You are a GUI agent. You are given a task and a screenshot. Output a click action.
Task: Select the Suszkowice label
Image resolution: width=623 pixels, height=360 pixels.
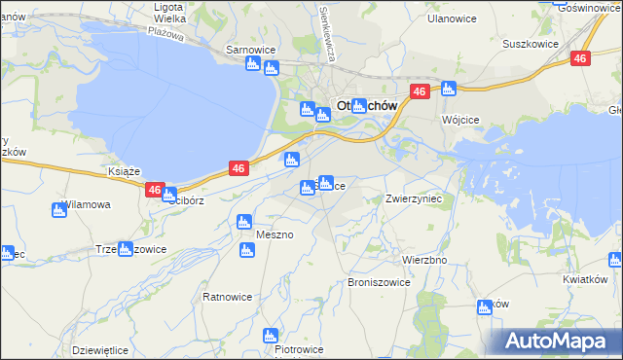click(529, 44)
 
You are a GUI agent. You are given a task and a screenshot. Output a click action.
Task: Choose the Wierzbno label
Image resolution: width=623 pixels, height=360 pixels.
click(423, 261)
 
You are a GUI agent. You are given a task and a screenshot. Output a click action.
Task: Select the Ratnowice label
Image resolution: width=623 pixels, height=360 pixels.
click(227, 296)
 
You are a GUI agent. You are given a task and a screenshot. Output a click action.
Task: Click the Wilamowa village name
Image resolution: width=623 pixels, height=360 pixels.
click(87, 205)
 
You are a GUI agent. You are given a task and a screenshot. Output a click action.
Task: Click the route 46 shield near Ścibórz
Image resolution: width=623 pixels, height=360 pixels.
click(154, 190)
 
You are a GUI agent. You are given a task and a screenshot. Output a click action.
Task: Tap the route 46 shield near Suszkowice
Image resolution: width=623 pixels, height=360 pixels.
click(580, 58)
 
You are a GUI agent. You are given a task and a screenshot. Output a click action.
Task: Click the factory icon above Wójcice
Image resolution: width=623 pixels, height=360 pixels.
click(448, 90)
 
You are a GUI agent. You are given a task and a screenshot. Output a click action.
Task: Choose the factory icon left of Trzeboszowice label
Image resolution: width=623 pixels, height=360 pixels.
click(125, 249)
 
